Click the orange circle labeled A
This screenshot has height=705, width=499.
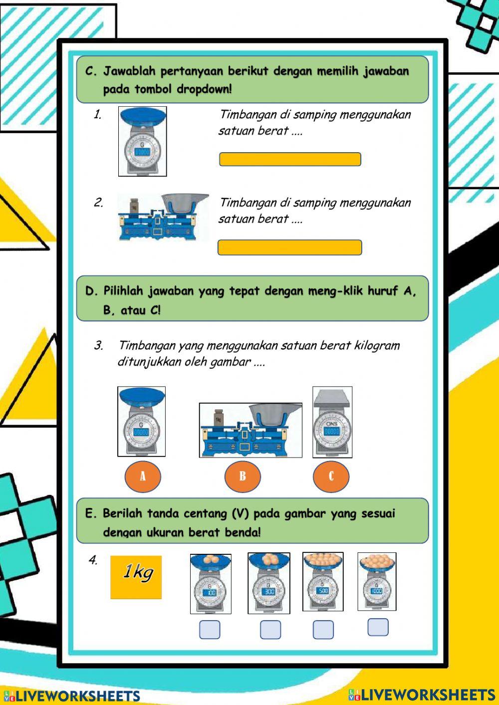[x=143, y=476]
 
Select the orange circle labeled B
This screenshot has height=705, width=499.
[x=243, y=476]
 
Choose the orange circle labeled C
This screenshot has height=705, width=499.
[x=331, y=476]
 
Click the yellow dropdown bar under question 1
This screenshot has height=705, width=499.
[x=290, y=159]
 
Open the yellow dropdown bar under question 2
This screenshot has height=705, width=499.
[x=290, y=247]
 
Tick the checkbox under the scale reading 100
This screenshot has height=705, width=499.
[x=210, y=630]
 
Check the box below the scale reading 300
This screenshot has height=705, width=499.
[x=270, y=630]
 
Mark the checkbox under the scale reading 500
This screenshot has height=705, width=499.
[x=323, y=630]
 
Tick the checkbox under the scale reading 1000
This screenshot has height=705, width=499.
[x=378, y=627]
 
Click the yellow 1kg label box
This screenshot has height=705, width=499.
[x=136, y=577]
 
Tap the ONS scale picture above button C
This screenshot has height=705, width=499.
[x=332, y=422]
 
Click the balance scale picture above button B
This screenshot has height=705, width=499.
[x=250, y=430]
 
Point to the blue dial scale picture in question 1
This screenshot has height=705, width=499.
[x=142, y=141]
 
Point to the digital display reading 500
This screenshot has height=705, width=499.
[x=323, y=590]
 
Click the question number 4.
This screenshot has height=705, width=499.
[x=93, y=560]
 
